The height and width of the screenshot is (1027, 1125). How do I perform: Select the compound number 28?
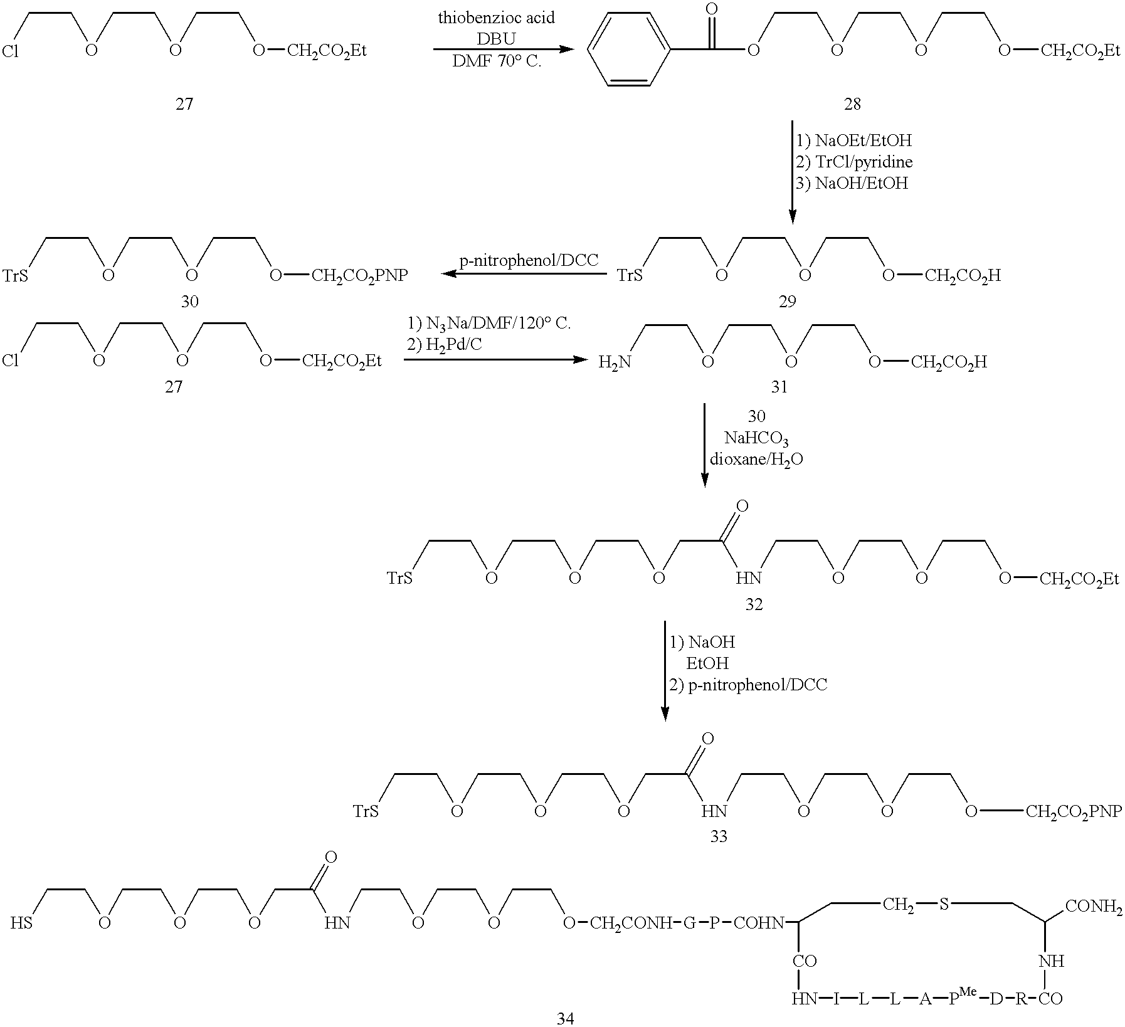coord(852,104)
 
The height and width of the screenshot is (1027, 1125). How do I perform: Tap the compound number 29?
coord(787,302)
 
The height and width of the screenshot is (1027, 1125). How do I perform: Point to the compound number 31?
coord(779,387)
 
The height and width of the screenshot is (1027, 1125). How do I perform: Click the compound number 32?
coord(754,604)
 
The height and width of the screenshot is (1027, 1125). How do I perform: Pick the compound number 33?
coord(719,837)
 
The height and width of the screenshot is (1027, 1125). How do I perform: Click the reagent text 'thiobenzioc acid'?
coord(496,18)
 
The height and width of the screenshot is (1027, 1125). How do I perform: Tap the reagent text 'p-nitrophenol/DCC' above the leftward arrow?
coord(529,260)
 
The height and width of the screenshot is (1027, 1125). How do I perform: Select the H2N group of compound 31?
coord(613,362)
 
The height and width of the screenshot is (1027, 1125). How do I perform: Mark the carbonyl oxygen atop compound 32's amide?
coord(741,506)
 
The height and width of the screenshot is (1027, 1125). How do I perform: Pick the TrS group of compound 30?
coord(16,275)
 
